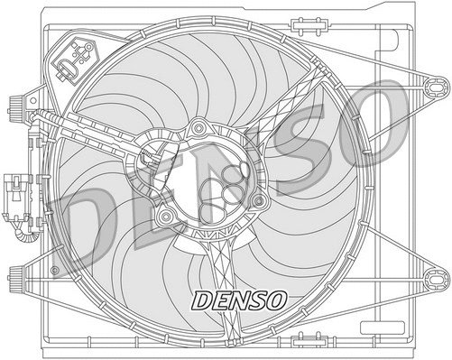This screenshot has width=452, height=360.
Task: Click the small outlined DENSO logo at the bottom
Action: tap(237, 298)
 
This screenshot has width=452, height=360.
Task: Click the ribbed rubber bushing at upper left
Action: tap(16, 107)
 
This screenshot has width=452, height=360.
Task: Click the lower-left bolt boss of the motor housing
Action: tap(164, 217)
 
